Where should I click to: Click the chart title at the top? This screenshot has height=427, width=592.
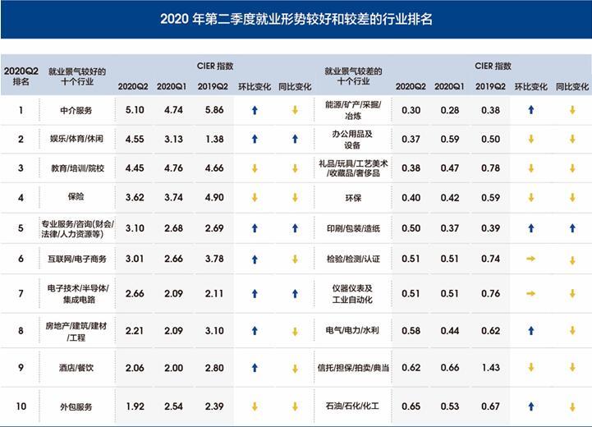tap(296, 19)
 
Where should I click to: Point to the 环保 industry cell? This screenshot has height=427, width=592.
tap(353, 197)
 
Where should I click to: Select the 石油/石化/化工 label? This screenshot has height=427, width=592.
tap(353, 406)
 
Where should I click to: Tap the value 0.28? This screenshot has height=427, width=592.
tap(448, 109)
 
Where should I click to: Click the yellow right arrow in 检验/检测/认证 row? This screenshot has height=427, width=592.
tap(531, 259)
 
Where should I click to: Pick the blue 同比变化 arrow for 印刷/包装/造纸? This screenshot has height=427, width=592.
tap(572, 227)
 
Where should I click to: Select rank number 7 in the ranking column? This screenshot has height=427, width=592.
tap(21, 293)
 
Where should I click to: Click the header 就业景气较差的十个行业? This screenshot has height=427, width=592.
tap(353, 77)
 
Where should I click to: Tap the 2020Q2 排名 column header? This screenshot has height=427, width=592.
tap(21, 76)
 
